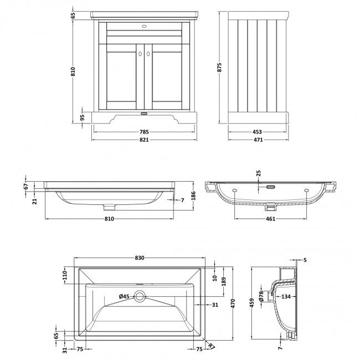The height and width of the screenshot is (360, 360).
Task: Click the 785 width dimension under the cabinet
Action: click(x=144, y=132)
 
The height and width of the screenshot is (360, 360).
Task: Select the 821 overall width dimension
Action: click(x=144, y=140)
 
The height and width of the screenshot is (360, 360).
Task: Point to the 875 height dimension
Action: click(x=219, y=68)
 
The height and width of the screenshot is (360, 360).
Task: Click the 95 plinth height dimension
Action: click(x=82, y=117)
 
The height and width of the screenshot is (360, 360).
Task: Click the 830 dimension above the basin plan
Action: click(x=140, y=258)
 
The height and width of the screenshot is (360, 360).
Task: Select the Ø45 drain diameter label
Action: click(x=124, y=297)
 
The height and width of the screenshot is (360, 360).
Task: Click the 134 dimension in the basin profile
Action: click(x=286, y=297)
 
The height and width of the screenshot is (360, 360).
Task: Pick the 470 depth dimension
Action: click(x=233, y=303)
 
